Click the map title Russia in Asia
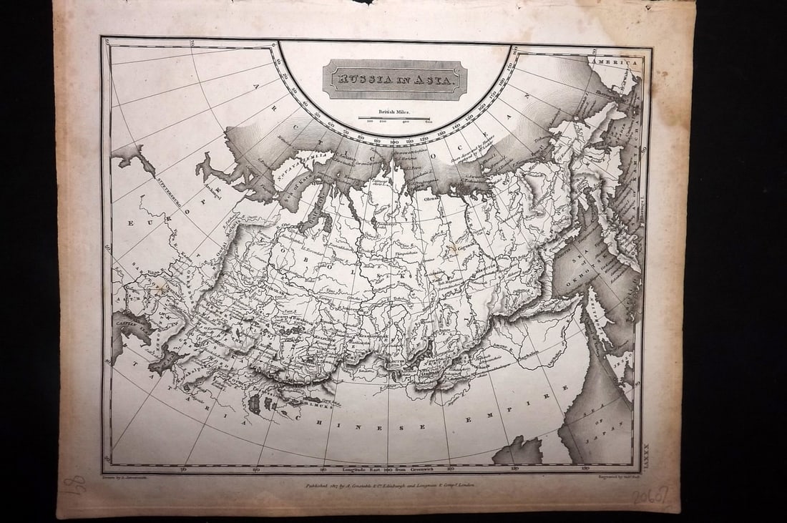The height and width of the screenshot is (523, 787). [395, 79]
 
